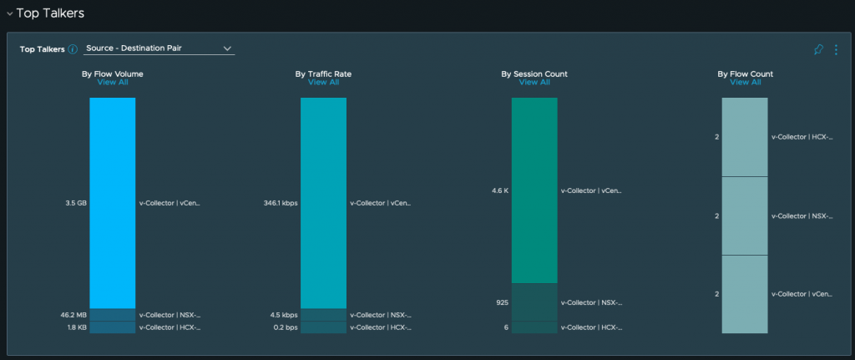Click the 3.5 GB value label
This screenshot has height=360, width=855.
[76, 203]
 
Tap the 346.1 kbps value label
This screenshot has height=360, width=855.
[280, 203]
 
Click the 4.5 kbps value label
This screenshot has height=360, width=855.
[283, 315]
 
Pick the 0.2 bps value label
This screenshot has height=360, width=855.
[285, 327]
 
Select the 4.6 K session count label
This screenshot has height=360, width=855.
[500, 190]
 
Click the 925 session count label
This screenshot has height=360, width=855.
[501, 302]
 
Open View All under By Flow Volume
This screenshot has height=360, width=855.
[113, 83]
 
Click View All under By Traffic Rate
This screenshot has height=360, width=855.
[323, 83]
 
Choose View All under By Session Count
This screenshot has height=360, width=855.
[534, 83]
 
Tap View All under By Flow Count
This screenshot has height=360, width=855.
[745, 83]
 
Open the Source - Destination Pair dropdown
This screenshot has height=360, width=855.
[159, 48]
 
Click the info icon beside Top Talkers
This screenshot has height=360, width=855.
[73, 49]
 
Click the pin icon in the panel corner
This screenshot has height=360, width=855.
[818, 50]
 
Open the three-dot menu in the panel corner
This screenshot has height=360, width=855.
[835, 50]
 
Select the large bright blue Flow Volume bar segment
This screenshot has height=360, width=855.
[113, 203]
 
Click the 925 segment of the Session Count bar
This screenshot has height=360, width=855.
[534, 302]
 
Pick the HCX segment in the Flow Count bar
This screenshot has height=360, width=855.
[745, 137]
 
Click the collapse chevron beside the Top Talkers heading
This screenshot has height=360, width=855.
[9, 13]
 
